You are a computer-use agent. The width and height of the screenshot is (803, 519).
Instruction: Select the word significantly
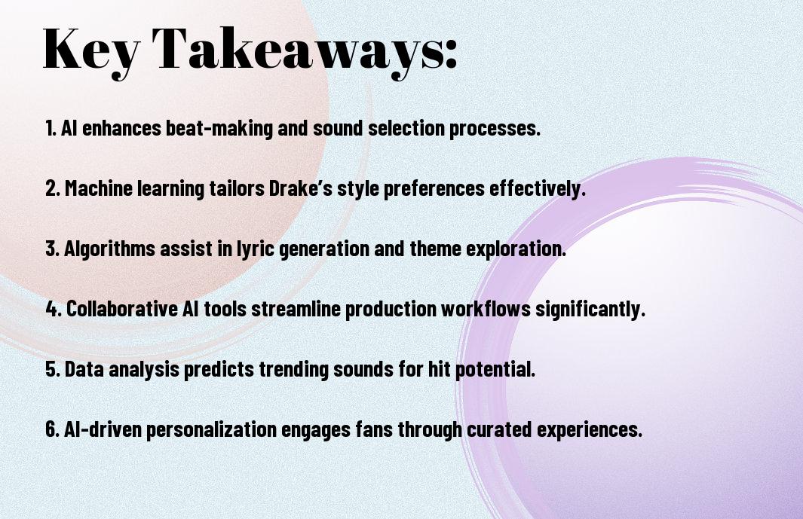(590, 310)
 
